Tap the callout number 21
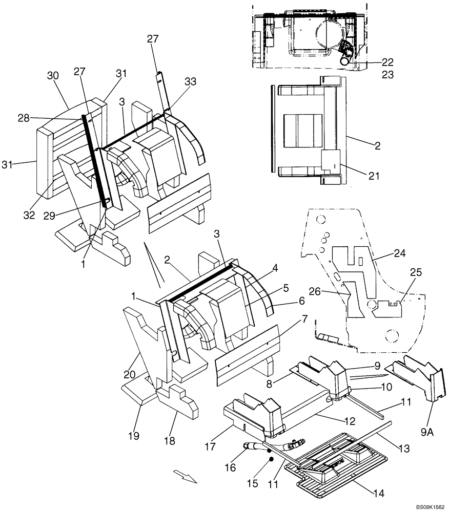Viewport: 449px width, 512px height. tap(374, 176)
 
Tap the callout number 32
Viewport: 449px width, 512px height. tap(29, 215)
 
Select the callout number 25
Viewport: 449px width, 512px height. tap(416, 272)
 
